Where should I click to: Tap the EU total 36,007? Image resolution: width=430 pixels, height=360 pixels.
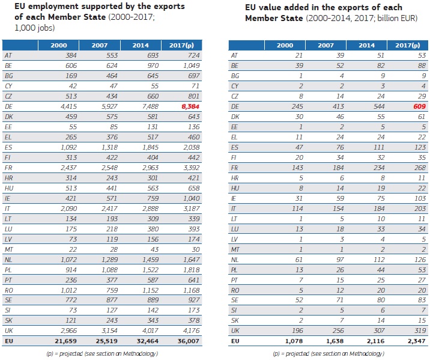(183, 341)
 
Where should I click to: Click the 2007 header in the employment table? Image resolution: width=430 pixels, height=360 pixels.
(100, 45)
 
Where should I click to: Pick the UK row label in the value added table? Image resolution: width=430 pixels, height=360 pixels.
(235, 331)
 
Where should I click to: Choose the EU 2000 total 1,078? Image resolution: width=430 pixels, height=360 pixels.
(287, 341)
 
